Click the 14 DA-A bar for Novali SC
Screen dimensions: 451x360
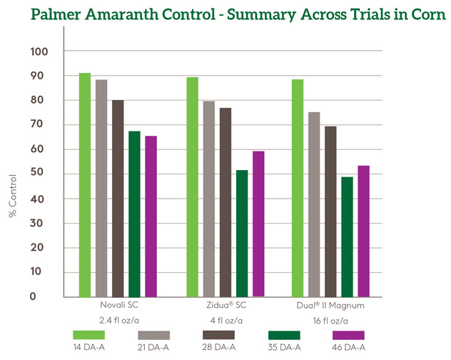tap(85, 185)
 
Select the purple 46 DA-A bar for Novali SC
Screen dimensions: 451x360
tap(151, 216)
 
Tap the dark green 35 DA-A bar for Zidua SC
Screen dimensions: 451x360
tap(242, 234)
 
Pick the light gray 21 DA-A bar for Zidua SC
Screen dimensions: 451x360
tap(209, 199)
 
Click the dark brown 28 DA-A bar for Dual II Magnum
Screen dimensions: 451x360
tap(331, 211)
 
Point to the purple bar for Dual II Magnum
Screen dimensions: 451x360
tap(363, 231)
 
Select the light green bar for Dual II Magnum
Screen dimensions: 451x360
tap(298, 188)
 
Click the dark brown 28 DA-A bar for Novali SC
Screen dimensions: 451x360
tap(118, 199)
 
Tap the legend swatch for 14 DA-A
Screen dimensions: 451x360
tap(89, 335)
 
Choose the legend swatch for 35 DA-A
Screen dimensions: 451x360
tap(284, 335)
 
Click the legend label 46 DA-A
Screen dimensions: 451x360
tap(349, 347)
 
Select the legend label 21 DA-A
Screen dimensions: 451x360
tap(153, 347)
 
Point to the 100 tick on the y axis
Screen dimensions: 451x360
tap(39, 52)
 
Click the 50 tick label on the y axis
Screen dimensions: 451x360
tap(37, 172)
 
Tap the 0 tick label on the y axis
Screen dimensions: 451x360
tap(33, 296)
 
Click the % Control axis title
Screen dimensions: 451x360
tap(13, 196)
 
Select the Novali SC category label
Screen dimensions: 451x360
tap(119, 305)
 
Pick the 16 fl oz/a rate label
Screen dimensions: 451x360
tap(330, 321)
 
